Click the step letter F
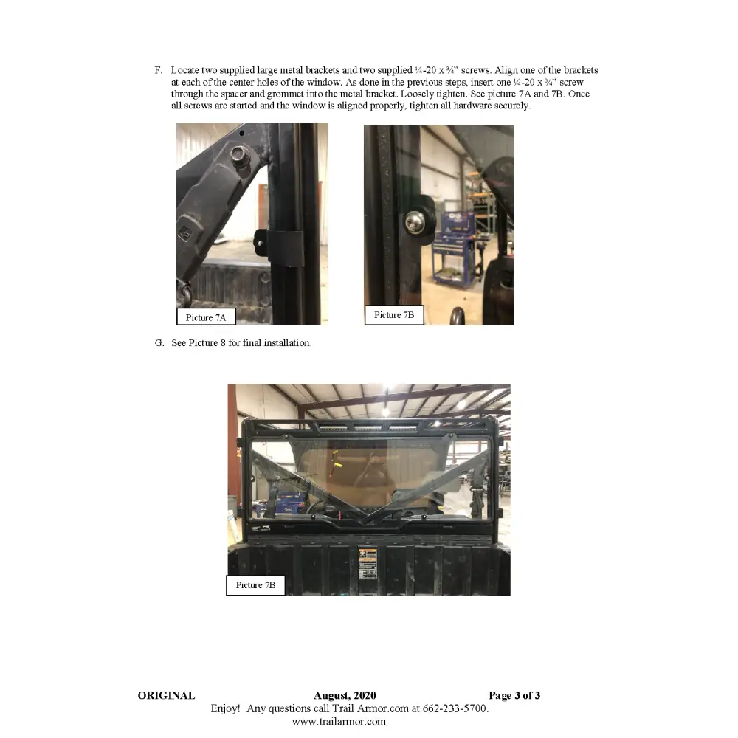[x=158, y=70]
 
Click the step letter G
[x=159, y=343]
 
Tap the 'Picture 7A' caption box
[x=206, y=317]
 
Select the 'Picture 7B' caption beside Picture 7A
[x=394, y=315]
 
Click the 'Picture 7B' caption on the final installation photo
[x=255, y=585]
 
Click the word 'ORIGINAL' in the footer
[x=166, y=695]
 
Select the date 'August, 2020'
[x=345, y=695]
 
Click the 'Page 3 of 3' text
[x=514, y=695]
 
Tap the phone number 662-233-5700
[x=455, y=708]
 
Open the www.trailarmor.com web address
[x=339, y=722]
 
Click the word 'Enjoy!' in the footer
[x=225, y=708]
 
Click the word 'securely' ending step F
[x=512, y=106]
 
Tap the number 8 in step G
[x=223, y=343]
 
